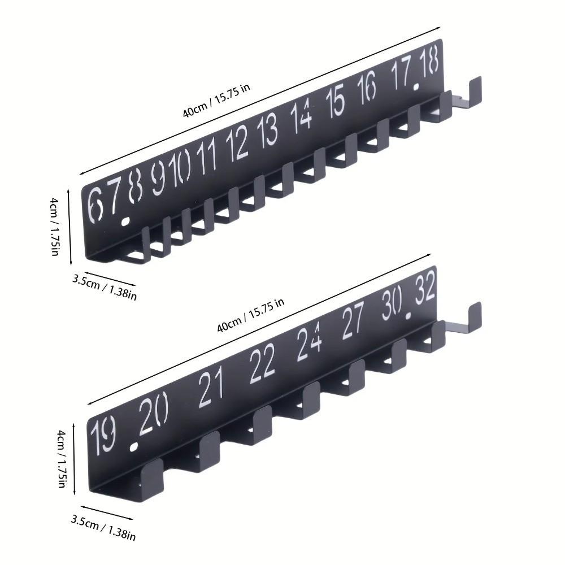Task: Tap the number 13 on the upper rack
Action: [267, 131]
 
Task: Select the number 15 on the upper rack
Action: [335, 102]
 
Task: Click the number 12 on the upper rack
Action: [238, 143]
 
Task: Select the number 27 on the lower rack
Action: [354, 320]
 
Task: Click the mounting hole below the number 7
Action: [127, 221]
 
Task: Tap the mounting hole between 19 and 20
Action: [134, 447]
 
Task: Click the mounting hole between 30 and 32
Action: [408, 314]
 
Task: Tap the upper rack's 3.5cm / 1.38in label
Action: [105, 286]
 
